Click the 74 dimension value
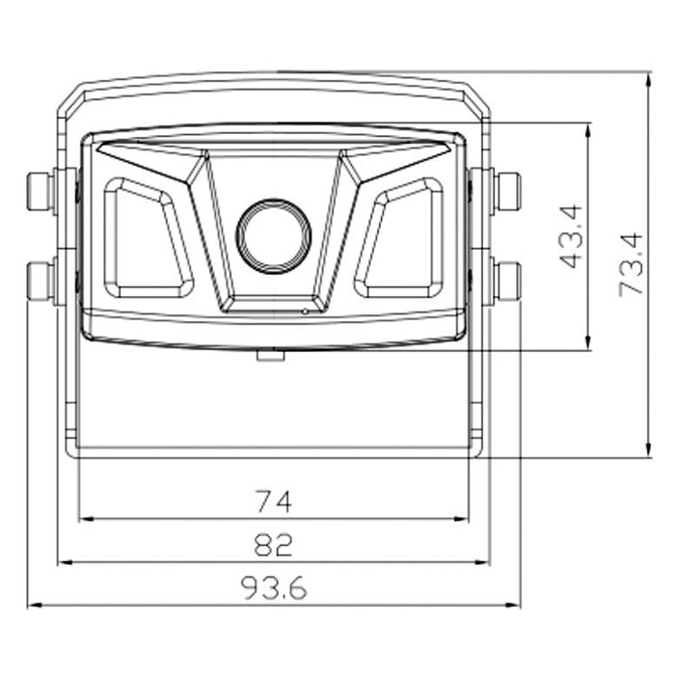273,500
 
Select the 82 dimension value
273,545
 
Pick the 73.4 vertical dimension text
632,264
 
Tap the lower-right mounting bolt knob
506,279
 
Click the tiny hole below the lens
305,310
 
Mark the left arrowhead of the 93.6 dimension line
33,606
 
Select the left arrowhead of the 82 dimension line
63,562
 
